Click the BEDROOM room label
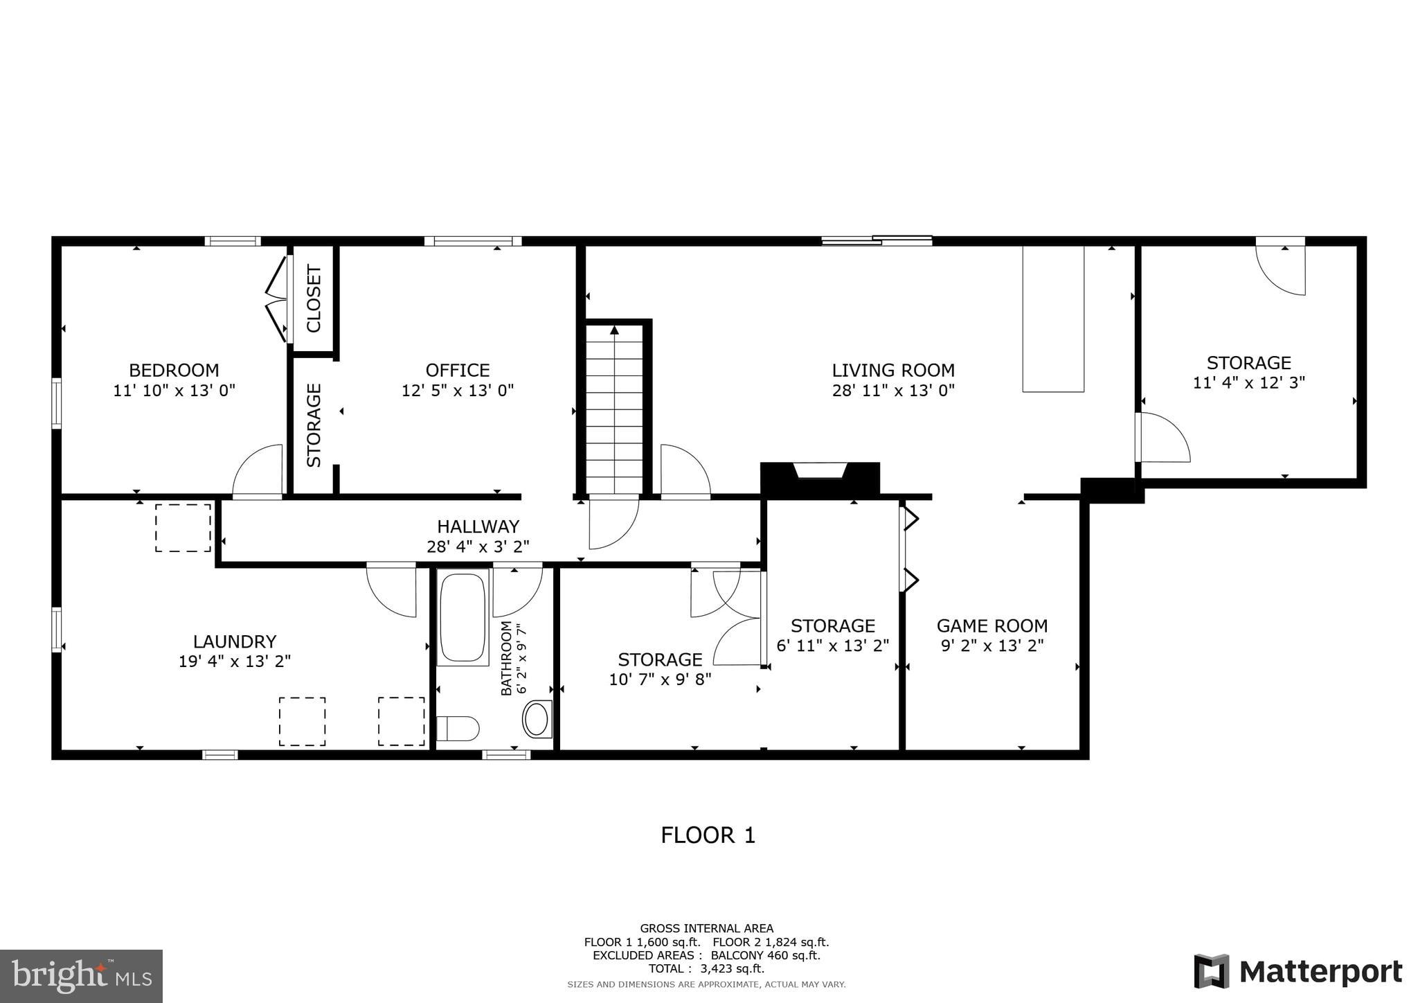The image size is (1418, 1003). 174,370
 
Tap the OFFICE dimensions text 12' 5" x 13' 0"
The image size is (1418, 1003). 458,391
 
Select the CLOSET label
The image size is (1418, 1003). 314,299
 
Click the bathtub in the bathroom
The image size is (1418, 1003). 463,616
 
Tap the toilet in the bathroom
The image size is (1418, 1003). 458,728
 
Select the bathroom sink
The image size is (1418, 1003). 537,719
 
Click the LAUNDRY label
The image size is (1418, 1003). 235,641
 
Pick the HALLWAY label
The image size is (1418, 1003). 478,526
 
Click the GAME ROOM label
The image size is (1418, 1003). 991,626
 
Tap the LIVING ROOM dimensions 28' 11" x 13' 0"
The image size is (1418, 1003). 893,391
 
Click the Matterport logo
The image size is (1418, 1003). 1298,971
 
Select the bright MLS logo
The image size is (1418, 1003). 81,977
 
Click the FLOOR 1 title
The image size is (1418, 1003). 708,835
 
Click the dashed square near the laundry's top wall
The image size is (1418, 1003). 183,528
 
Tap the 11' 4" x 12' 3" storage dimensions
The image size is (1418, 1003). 1248,382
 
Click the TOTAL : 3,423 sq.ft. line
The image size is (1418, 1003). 706,968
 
